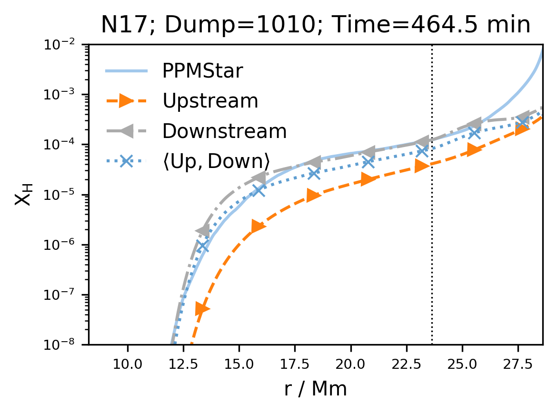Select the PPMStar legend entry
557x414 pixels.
tap(203, 71)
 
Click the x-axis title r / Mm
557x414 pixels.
tap(315, 389)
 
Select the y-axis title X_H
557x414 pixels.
tap(22, 194)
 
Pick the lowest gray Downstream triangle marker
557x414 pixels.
tap(203, 231)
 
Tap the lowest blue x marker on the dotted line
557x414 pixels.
tap(204, 246)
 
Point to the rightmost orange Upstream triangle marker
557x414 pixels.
tap(522, 129)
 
